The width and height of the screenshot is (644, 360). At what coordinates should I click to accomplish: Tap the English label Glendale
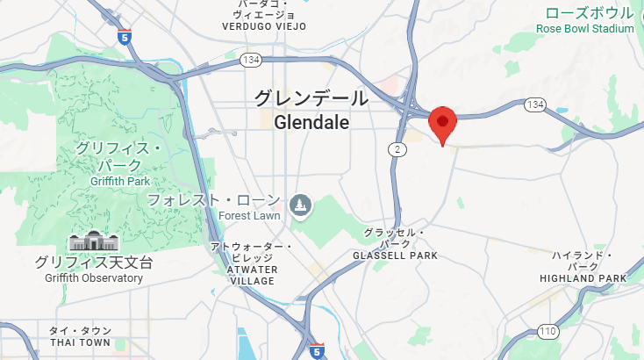[311, 123]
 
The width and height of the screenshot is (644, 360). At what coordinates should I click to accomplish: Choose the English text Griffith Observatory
[94, 278]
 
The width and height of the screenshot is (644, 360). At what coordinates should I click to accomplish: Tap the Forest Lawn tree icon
[301, 205]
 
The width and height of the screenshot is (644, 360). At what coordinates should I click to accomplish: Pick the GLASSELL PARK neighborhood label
[395, 256]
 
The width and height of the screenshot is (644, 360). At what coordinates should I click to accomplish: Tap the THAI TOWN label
[81, 342]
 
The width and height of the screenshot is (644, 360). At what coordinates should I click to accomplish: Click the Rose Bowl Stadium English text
[585, 29]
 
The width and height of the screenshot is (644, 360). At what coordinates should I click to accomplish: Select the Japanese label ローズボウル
[589, 12]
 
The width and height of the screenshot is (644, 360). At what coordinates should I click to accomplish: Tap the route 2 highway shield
[398, 150]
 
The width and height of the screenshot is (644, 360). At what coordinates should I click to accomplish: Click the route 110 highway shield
[547, 331]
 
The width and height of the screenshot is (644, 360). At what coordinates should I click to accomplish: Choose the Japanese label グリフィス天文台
[94, 262]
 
